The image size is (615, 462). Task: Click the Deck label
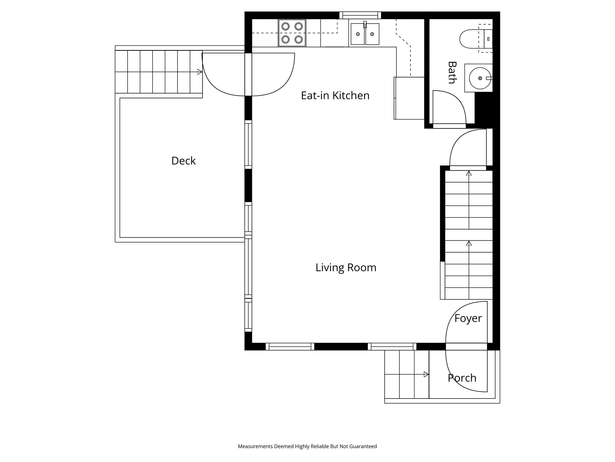183,161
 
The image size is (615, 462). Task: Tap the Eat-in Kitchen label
335,96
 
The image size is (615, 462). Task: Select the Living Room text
346,267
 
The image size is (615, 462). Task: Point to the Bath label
452,72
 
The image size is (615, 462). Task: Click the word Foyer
468,318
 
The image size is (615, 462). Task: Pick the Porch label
462,378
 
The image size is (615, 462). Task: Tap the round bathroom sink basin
479,78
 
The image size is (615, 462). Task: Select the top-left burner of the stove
285,26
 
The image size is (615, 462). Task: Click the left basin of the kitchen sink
358,34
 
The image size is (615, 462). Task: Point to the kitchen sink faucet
365,24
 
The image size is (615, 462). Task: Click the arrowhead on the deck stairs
199,72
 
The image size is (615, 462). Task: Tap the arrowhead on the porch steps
426,374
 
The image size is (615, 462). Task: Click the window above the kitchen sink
360,15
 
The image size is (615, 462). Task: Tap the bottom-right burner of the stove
298,39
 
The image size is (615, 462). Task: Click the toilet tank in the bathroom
488,39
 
